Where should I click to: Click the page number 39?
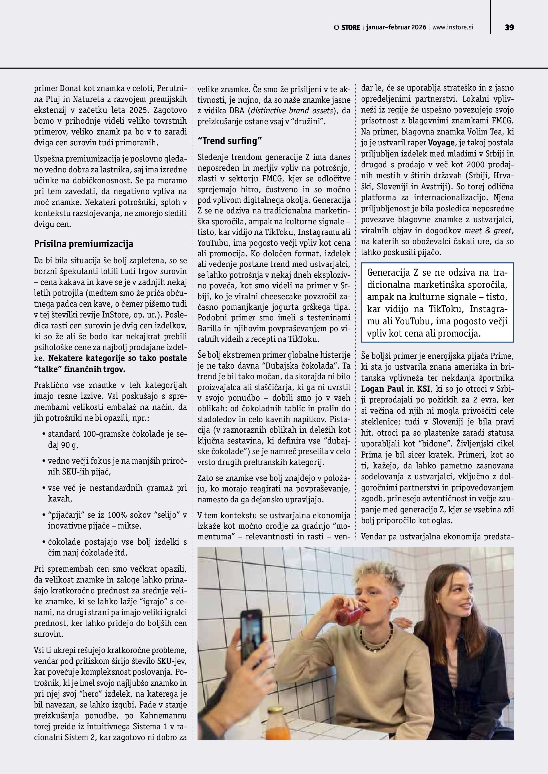pyautogui.click(x=509, y=28)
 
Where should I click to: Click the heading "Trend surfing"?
pyautogui.click(x=229, y=141)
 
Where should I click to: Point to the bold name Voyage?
pyautogui.click(x=441, y=143)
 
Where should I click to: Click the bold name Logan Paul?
pyautogui.click(x=382, y=389)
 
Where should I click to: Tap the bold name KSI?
pyautogui.click(x=423, y=389)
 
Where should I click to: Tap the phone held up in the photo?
pyautogui.click(x=251, y=636)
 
